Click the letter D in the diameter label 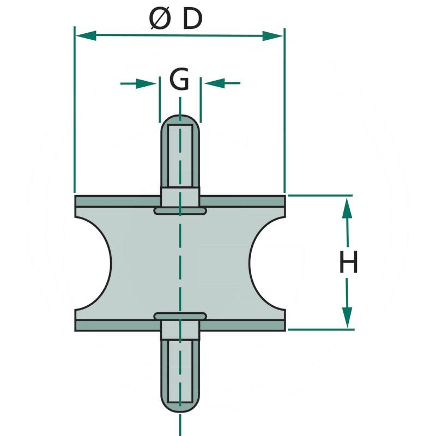[x=192, y=20]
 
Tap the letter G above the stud [x=179, y=81]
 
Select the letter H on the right [x=349, y=263]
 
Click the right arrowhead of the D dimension [x=272, y=36]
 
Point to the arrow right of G [x=214, y=83]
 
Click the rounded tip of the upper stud [x=180, y=119]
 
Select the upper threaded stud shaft [x=180, y=155]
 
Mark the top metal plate [x=109, y=201]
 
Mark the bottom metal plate [x=109, y=325]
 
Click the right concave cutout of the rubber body [x=267, y=263]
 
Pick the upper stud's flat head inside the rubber [x=180, y=210]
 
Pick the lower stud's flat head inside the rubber [x=180, y=316]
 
